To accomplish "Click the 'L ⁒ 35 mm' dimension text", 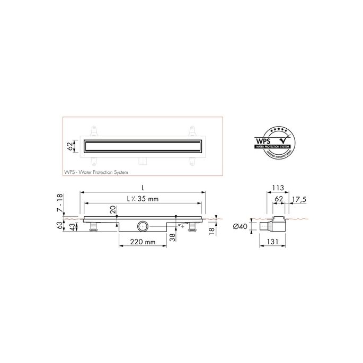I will (143, 198).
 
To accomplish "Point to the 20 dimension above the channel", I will (113, 209).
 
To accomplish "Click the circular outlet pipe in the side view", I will (142, 226).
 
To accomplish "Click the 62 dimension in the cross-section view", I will (279, 200).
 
